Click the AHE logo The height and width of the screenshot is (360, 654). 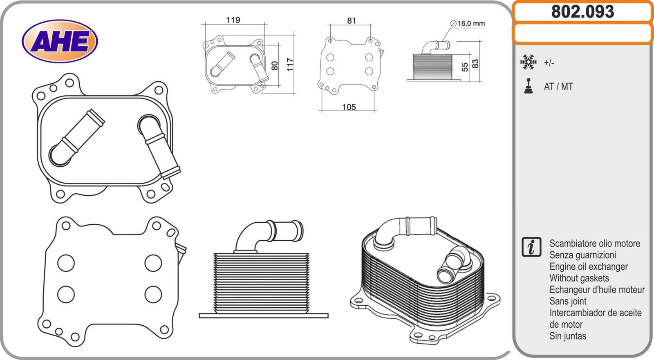60,41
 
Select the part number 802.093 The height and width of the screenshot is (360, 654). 582,12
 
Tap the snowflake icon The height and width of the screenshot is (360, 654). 528,62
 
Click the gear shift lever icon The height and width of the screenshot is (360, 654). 529,86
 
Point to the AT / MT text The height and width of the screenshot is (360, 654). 558,87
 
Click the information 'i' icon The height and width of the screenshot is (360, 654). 531,247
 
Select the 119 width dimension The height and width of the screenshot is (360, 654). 233,20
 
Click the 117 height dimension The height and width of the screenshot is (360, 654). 290,65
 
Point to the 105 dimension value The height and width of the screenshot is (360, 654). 349,107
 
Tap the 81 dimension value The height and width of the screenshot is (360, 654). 352,20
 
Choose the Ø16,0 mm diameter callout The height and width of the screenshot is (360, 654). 468,24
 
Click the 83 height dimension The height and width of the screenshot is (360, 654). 475,64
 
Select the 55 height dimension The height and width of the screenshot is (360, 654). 465,67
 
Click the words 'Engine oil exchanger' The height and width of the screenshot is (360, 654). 588,267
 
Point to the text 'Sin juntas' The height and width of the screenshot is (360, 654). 568,336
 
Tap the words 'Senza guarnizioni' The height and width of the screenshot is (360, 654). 582,255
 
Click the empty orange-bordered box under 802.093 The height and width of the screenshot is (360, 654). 582,34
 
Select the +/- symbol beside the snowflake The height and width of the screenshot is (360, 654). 549,63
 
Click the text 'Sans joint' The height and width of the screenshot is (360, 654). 568,301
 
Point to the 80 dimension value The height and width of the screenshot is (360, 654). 275,65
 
